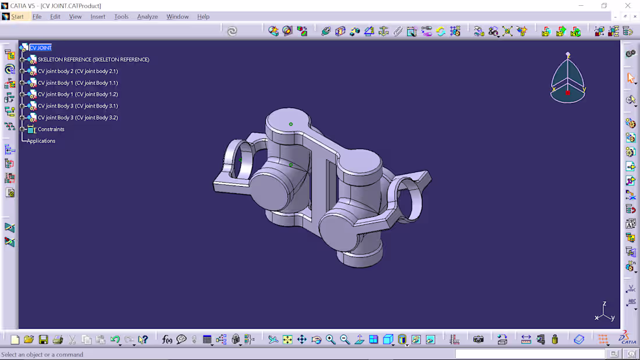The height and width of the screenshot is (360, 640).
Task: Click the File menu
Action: click(37, 16)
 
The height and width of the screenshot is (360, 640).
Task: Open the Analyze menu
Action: click(147, 16)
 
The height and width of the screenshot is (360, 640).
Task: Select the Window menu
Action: click(177, 16)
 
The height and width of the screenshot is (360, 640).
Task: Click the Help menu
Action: click(203, 16)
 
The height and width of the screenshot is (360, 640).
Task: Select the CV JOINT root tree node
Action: click(41, 48)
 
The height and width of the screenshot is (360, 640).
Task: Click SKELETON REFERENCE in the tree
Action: click(93, 59)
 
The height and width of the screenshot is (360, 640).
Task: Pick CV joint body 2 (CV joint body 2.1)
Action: click(77, 71)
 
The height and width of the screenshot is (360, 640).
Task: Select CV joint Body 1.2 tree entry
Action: click(77, 94)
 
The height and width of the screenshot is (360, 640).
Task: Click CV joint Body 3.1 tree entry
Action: click(77, 106)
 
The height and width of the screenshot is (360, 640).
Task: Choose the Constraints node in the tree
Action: click(51, 129)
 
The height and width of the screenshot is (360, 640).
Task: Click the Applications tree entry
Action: click(41, 141)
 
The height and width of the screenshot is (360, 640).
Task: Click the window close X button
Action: click(628, 6)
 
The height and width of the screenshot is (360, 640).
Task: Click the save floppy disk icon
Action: click(43, 340)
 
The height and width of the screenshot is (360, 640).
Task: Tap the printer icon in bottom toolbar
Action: click(58, 340)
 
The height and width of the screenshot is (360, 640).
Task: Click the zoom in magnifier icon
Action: click(330, 340)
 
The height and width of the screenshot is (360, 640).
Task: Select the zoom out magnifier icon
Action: click(344, 340)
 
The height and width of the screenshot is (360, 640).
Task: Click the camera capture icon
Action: click(478, 340)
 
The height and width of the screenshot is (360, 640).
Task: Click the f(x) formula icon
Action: click(167, 340)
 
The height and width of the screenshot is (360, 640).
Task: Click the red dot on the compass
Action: click(568, 92)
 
